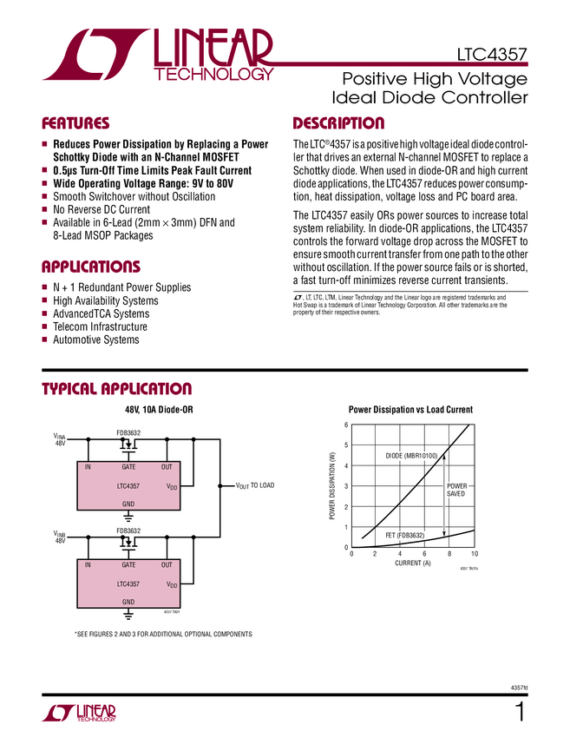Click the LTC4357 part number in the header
(492, 55)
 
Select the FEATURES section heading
(76, 123)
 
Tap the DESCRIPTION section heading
(338, 123)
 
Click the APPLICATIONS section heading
(91, 267)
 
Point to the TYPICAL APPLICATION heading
(117, 389)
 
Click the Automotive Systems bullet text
(96, 340)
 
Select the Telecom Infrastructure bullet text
(101, 327)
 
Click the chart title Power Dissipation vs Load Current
(410, 409)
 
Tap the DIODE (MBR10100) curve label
(411, 456)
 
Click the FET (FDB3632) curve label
(404, 535)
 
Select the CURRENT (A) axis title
(413, 563)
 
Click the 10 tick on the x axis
(475, 554)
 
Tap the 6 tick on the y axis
(345, 425)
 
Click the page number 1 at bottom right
(521, 714)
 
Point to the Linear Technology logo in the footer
(79, 714)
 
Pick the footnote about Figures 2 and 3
(163, 635)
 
